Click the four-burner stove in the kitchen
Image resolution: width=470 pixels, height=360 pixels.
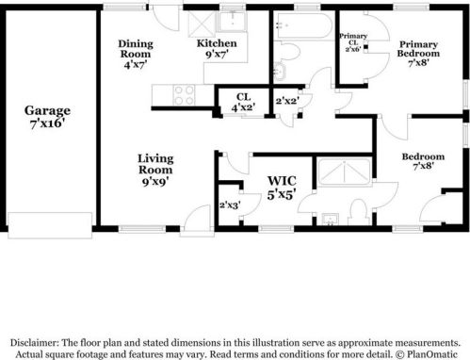tap(184, 94)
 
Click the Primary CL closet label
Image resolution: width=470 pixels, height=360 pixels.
tap(353, 42)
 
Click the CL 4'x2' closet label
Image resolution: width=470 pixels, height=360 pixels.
tap(243, 101)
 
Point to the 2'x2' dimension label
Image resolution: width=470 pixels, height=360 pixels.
tap(286, 101)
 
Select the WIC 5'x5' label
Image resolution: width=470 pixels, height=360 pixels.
tap(282, 186)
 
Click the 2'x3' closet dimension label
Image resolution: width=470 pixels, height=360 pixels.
tap(229, 205)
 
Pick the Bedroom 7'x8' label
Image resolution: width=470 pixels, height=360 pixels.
tap(422, 159)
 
